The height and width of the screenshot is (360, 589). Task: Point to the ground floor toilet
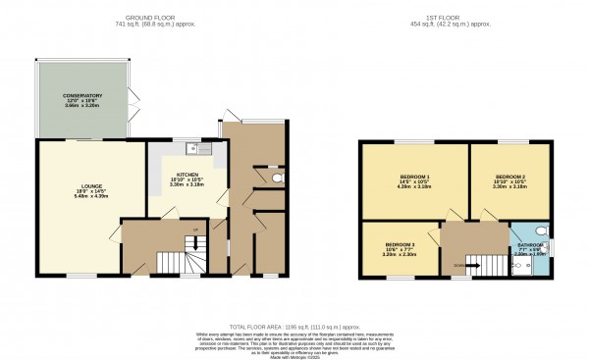pyautogui.click(x=277, y=180)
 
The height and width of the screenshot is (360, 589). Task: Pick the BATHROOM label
pyautogui.click(x=529, y=244)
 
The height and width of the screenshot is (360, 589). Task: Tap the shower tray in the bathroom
pyautogui.click(x=522, y=266)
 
